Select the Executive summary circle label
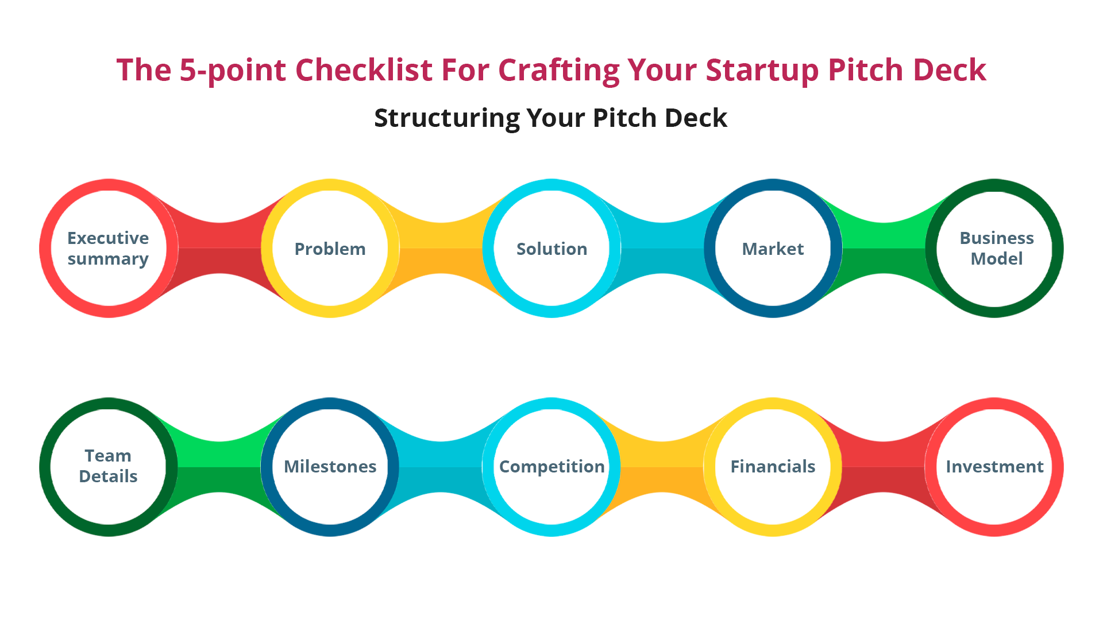108,249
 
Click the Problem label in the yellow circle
330,249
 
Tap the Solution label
551,249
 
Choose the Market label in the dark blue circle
773,249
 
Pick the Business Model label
996,249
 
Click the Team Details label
108,466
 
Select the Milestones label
330,466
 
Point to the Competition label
551,466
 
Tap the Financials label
773,466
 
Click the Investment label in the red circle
994,466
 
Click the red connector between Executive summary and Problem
219,249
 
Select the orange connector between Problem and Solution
441,249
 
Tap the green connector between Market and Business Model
884,249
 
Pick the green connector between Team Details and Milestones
219,467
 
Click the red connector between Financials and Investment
884,467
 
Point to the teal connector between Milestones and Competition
441,467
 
